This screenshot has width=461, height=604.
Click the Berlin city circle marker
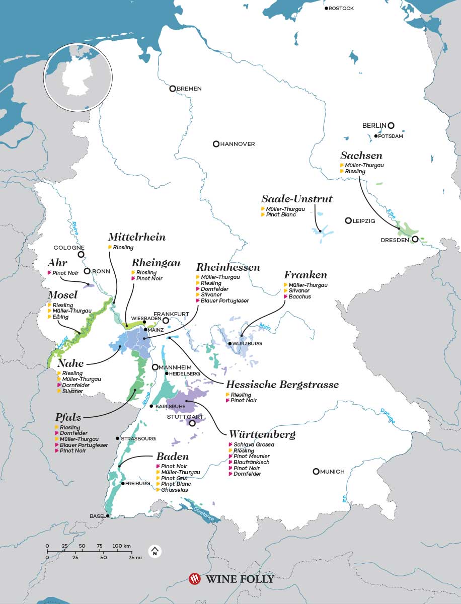(391, 126)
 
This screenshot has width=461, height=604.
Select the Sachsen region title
(361, 156)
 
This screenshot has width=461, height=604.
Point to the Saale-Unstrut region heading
(296, 199)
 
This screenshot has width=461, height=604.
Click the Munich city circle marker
(316, 472)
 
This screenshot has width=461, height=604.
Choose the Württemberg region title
(262, 434)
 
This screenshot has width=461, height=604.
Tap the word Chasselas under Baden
(175, 490)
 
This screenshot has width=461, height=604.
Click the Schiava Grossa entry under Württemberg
(254, 445)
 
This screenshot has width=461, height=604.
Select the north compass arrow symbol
(155, 552)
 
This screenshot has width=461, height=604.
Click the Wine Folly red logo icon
(194, 579)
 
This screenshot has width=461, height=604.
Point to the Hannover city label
(238, 144)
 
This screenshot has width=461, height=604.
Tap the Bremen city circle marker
(173, 89)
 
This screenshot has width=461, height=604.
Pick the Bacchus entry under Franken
(299, 297)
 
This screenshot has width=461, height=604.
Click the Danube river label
(388, 415)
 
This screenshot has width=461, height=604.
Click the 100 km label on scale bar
(121, 546)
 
